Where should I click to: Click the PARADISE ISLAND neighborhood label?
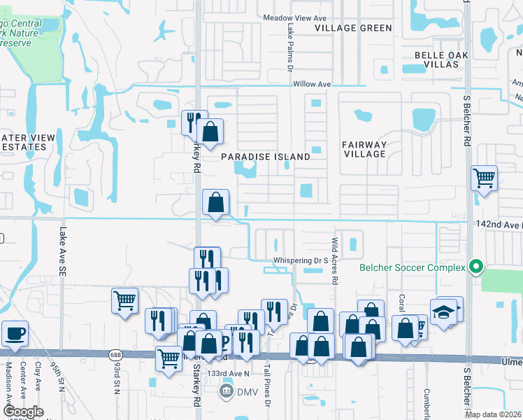click(266, 157)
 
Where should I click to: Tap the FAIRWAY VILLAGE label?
click(364, 149)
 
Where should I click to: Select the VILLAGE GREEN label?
click(353, 28)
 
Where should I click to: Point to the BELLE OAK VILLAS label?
click(437, 59)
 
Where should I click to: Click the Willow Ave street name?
click(312, 84)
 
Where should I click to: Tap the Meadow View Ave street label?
click(294, 17)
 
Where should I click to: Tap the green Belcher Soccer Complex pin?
click(476, 267)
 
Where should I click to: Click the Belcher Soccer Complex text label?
click(412, 267)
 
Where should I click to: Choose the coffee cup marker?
click(15, 333)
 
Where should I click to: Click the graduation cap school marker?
click(443, 311)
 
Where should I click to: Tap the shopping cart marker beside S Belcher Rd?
click(484, 178)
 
